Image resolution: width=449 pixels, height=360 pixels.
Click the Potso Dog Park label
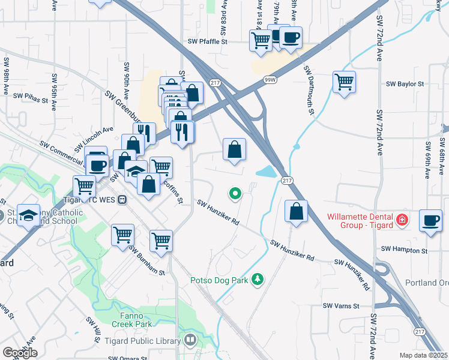[x=220, y=280]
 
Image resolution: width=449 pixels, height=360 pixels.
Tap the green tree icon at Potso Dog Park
[x=258, y=280]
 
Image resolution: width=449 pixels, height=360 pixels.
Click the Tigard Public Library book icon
[x=190, y=340]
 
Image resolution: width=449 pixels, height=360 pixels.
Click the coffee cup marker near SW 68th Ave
[x=430, y=220]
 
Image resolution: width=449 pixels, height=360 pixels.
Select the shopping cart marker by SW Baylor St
[x=344, y=81]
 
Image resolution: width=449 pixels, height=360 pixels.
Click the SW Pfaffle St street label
[x=208, y=42]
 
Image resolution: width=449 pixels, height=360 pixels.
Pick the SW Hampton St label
[x=405, y=250]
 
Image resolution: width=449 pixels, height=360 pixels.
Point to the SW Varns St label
[x=341, y=306]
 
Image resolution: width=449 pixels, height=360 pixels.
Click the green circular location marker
[x=235, y=193]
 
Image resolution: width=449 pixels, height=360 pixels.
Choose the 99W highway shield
[x=270, y=79]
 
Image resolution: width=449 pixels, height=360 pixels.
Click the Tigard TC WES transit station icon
[x=122, y=199]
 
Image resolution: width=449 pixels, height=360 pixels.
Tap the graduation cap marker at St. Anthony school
[x=27, y=214]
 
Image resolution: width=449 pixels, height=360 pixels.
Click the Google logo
[x=19, y=353]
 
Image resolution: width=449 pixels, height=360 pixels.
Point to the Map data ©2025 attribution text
[x=423, y=355]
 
